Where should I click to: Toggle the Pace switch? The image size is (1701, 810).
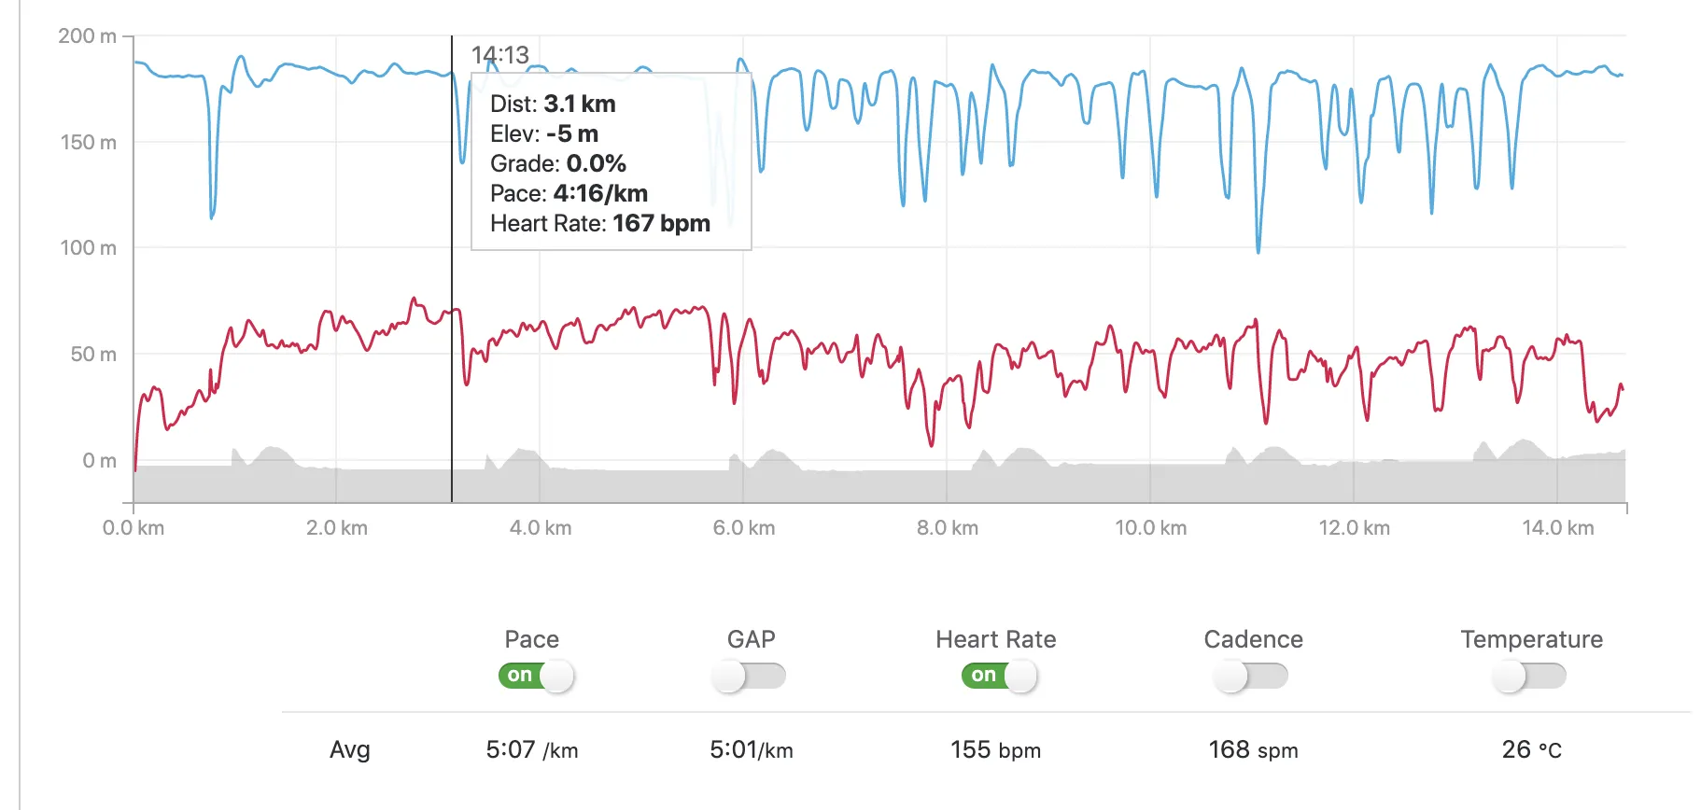[536, 676]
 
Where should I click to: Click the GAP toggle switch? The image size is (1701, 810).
[748, 676]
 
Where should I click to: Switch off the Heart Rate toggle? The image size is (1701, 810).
[999, 676]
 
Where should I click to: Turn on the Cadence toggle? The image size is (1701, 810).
[1250, 676]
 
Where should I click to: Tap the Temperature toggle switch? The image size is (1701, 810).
[1528, 676]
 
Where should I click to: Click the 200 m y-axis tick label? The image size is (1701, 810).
[87, 36]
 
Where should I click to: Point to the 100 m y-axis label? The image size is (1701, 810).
[88, 248]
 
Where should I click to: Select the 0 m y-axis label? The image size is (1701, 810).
[99, 460]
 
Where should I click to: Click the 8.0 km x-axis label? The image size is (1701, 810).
[947, 528]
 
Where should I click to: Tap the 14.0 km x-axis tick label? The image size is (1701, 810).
[1557, 528]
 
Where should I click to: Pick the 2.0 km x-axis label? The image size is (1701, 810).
[336, 528]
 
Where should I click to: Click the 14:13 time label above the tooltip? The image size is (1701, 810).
[499, 55]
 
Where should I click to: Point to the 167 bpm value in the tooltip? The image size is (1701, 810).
[661, 224]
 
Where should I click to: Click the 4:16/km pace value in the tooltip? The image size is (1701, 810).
[600, 194]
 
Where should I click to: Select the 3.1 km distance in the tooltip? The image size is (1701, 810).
[579, 105]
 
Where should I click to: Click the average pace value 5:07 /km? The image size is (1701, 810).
[531, 750]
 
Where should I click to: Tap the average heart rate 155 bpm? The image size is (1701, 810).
[995, 750]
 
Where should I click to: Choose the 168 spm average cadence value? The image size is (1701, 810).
[1253, 750]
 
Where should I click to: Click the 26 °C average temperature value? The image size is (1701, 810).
[1531, 750]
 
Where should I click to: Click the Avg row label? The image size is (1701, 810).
[350, 750]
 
